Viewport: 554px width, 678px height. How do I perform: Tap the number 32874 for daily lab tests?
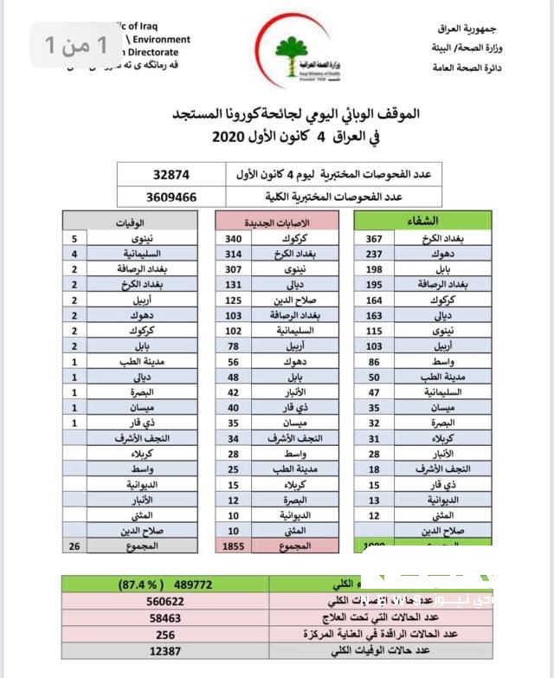pyautogui.click(x=152, y=173)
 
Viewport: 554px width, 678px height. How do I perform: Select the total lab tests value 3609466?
pyautogui.click(x=158, y=197)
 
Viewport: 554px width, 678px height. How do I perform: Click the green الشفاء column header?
pyautogui.click(x=421, y=221)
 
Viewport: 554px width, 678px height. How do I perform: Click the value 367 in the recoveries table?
pyautogui.click(x=374, y=238)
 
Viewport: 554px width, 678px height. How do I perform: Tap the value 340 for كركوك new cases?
pyautogui.click(x=234, y=238)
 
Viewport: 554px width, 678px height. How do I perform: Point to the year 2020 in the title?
pyautogui.click(x=228, y=137)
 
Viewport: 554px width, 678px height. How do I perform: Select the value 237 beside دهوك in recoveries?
pyautogui.click(x=374, y=254)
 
